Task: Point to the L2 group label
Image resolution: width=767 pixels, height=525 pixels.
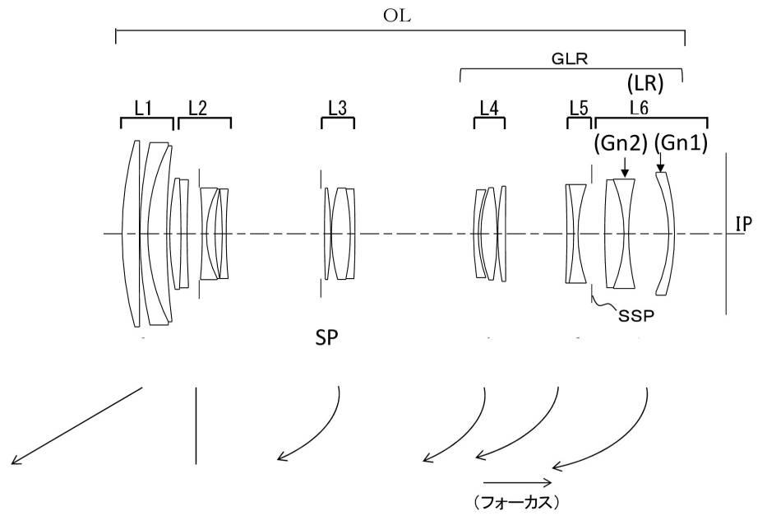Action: pos(197,107)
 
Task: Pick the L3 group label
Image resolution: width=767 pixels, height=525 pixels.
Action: pos(337,107)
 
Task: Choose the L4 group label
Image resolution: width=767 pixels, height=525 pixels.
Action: pos(490,107)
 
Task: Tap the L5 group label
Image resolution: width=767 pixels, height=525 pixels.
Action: pos(579,107)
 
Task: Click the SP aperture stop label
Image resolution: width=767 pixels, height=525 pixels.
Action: pos(326,338)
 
